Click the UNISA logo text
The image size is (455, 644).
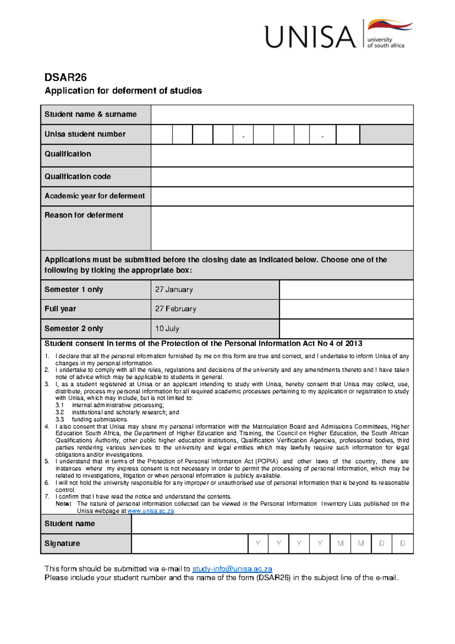click(x=310, y=37)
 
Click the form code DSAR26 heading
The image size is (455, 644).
click(x=66, y=77)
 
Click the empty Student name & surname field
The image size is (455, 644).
click(x=282, y=115)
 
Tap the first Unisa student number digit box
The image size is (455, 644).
click(x=162, y=134)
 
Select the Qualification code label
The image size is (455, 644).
click(x=78, y=177)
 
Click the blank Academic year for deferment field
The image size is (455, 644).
click(x=282, y=196)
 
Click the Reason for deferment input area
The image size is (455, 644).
click(x=282, y=228)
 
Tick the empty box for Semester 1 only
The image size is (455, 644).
click(x=346, y=290)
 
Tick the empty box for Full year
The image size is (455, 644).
click(x=346, y=309)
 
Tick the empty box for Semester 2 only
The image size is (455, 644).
click(x=346, y=329)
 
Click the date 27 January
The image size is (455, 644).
click(x=174, y=290)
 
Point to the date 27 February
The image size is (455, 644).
click(x=176, y=309)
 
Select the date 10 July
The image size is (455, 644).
click(x=167, y=329)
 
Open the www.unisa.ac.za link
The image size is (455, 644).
click(x=151, y=511)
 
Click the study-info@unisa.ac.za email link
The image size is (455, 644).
click(x=232, y=569)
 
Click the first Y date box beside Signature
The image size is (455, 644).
click(x=258, y=544)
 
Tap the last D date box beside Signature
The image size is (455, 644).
click(x=403, y=544)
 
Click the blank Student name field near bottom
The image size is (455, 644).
click(x=272, y=524)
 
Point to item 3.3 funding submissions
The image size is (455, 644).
click(x=100, y=420)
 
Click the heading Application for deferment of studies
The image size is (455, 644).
click(x=123, y=91)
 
